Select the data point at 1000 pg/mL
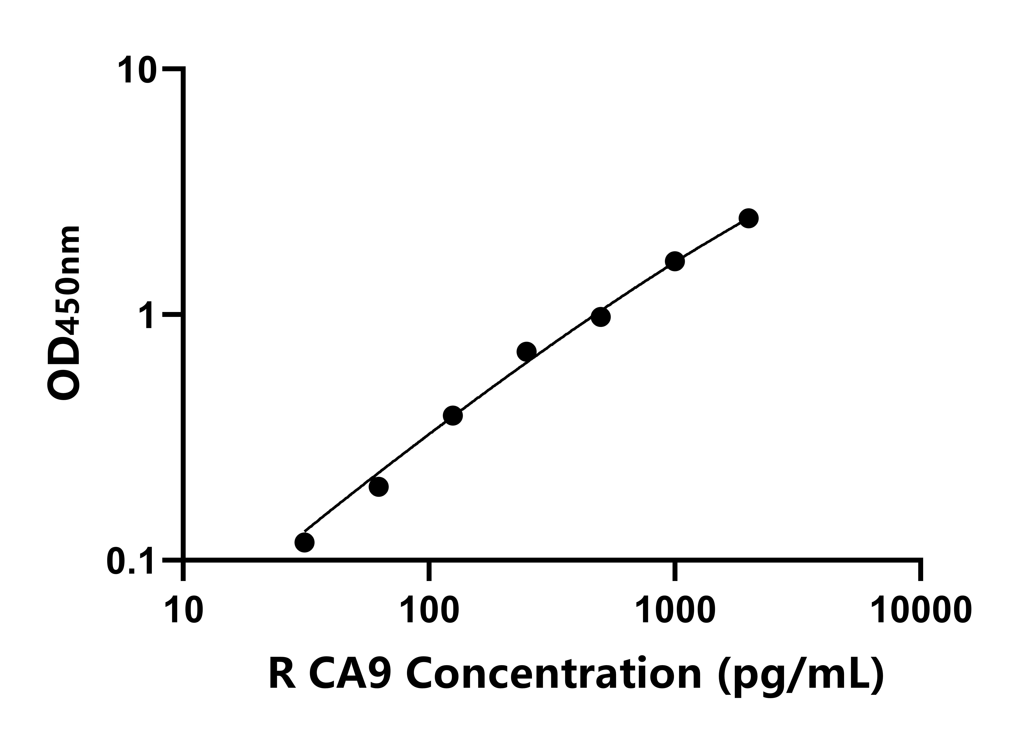[675, 261]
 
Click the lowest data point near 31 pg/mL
[304, 542]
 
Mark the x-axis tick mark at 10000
[920, 571]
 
